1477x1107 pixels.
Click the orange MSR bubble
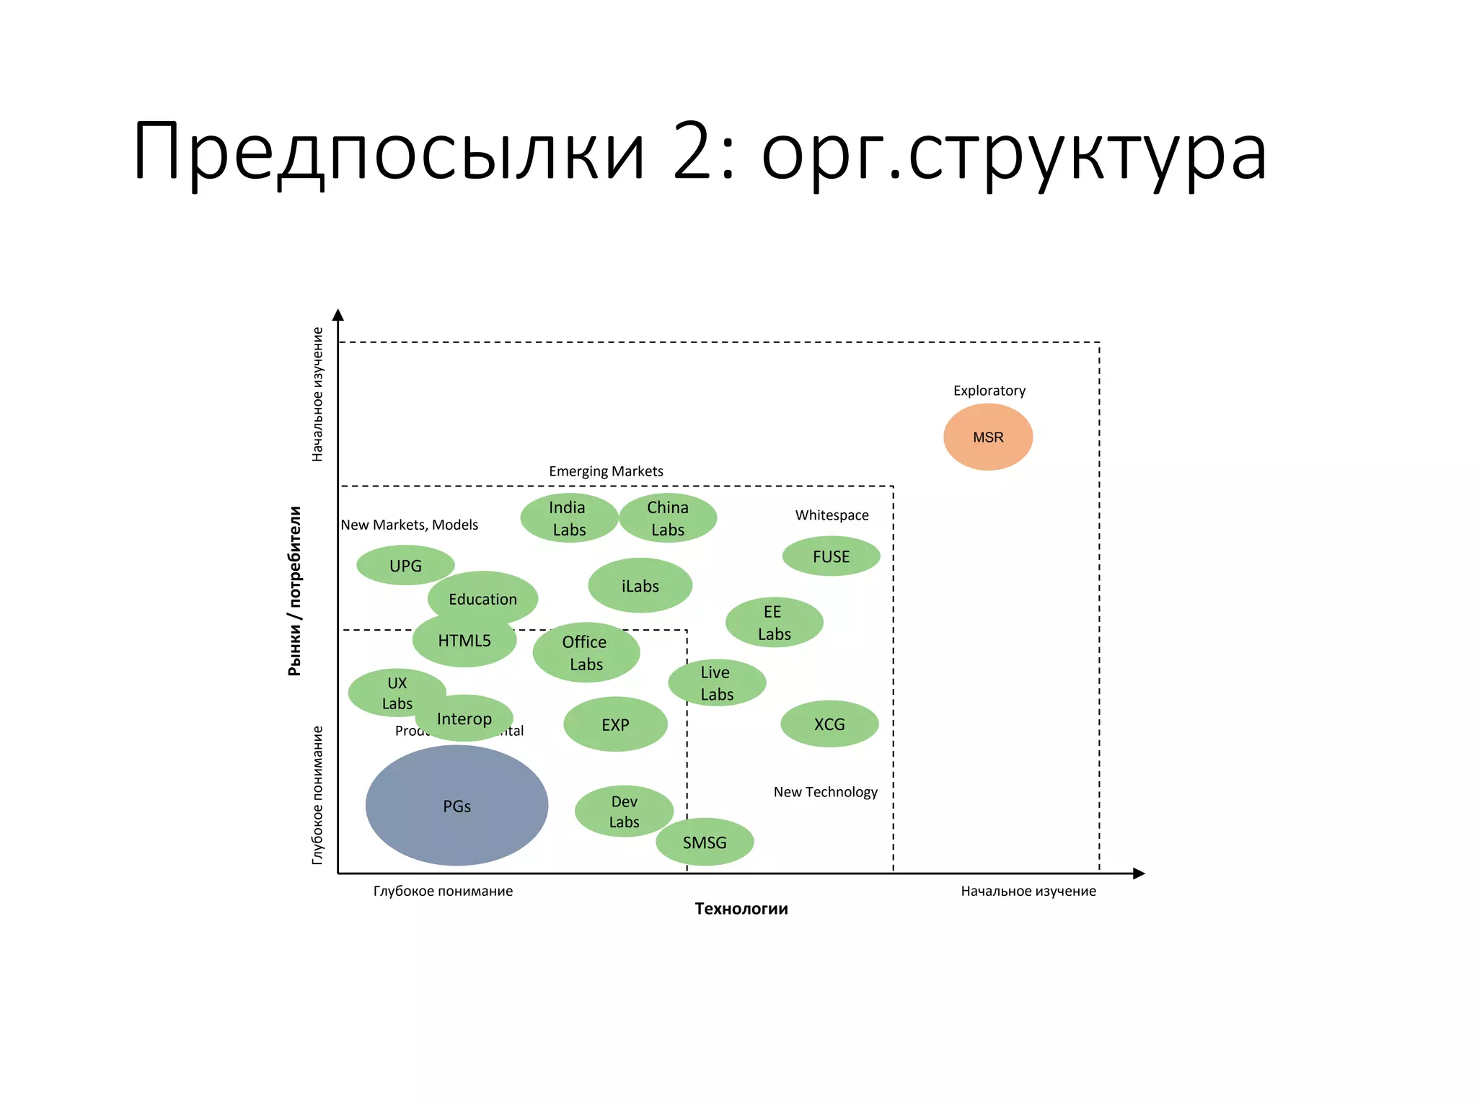988,437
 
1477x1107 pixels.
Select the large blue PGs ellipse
457,806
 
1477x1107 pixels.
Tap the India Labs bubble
568,518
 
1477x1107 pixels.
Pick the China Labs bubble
668,518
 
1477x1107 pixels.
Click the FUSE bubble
831,556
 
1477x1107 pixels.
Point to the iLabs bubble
640,586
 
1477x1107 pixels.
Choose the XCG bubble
829,724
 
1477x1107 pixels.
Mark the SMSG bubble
705,842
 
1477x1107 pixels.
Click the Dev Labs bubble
624,811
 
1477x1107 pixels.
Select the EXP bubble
615,724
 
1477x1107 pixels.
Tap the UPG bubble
405,566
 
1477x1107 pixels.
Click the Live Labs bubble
717,683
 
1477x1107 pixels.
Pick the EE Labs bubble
774,623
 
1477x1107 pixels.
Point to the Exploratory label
989,391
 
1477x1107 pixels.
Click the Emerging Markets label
606,471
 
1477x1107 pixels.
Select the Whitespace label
832,515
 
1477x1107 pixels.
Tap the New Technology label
825,792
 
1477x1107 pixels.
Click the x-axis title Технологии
741,909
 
